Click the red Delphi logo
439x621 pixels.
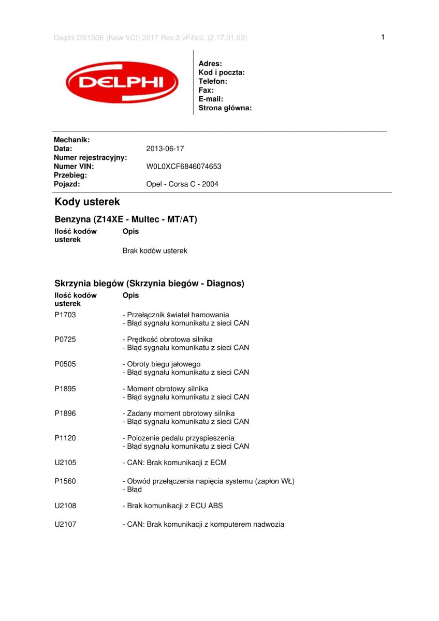(122, 82)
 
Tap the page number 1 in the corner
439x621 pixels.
(383, 37)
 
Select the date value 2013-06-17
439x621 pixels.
(165, 149)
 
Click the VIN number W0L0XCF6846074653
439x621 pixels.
(184, 167)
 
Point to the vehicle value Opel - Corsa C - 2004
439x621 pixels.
(182, 184)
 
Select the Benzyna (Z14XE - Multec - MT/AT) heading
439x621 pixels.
(126, 219)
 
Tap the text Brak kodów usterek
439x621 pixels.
(155, 251)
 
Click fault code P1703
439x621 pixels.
(65, 315)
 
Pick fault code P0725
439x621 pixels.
(65, 339)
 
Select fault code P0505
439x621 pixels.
(65, 364)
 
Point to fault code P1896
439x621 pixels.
(65, 413)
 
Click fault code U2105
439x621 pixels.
(65, 463)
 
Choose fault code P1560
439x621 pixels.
(65, 481)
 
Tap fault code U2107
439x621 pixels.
(65, 524)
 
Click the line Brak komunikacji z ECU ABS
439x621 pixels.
(173, 506)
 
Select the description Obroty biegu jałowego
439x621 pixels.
(162, 364)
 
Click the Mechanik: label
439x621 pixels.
(72, 140)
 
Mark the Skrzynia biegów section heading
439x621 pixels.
(149, 284)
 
